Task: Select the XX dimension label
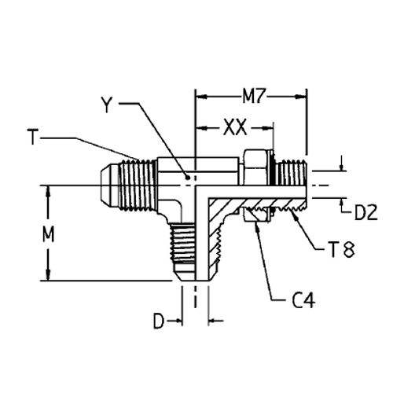click(x=233, y=126)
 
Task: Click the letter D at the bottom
click(x=158, y=321)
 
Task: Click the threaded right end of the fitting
click(x=292, y=177)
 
